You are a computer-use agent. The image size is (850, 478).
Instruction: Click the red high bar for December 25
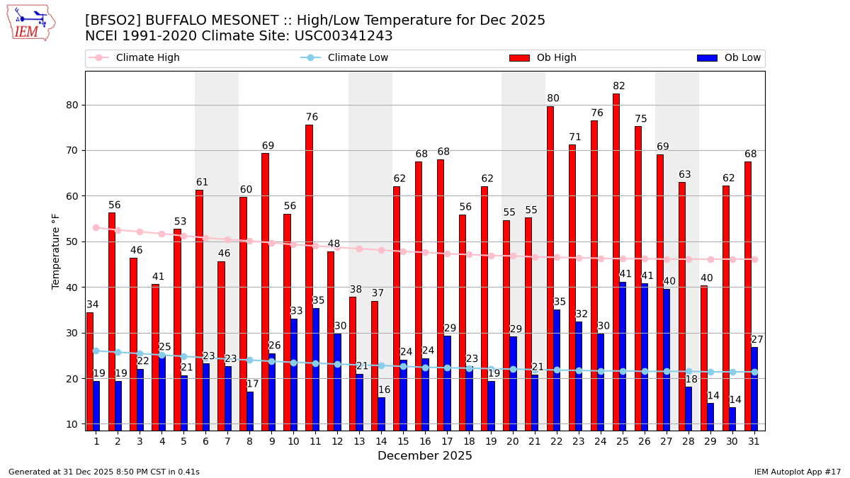[x=616, y=262]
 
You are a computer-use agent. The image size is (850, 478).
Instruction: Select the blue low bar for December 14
[x=382, y=414]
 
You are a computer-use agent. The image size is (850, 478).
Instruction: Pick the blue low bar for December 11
[x=316, y=369]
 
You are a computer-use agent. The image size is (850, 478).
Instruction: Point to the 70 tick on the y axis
[x=73, y=151]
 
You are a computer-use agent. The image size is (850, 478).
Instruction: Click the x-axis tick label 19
[x=491, y=441]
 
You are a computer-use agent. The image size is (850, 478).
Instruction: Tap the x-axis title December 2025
[x=425, y=456]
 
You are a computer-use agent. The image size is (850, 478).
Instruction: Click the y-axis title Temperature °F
[x=57, y=251]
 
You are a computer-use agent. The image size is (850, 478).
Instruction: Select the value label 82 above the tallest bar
[x=619, y=86]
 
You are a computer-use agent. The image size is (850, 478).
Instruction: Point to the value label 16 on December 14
[x=384, y=390]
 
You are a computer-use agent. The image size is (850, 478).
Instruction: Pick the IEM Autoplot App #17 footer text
[x=798, y=472]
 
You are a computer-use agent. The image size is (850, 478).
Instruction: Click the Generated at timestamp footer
[x=104, y=472]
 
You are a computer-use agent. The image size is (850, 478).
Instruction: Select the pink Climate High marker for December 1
[x=96, y=227]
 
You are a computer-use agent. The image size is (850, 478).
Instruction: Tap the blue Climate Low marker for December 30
[x=732, y=372]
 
